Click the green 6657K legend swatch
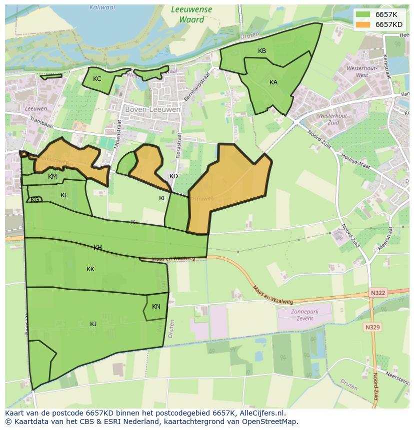(363, 14)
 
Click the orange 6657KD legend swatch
(363, 24)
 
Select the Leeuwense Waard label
(191, 14)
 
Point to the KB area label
(262, 51)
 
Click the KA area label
(273, 82)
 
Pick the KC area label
(97, 79)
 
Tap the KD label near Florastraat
(173, 176)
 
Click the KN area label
(156, 307)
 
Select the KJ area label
(93, 324)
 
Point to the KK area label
(90, 269)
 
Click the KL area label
(64, 195)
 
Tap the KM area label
(52, 177)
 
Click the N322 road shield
(378, 293)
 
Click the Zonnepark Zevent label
(304, 315)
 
